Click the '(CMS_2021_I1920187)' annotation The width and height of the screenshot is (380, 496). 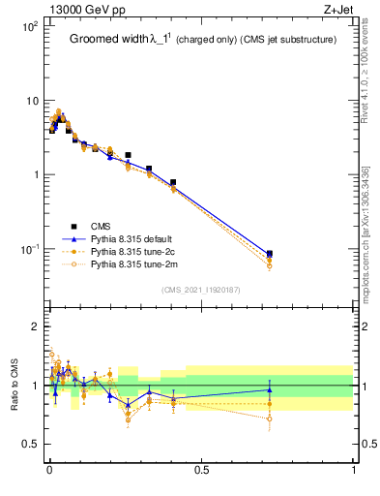pos(200,288)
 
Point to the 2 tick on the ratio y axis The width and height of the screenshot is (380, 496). pos(34,326)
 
